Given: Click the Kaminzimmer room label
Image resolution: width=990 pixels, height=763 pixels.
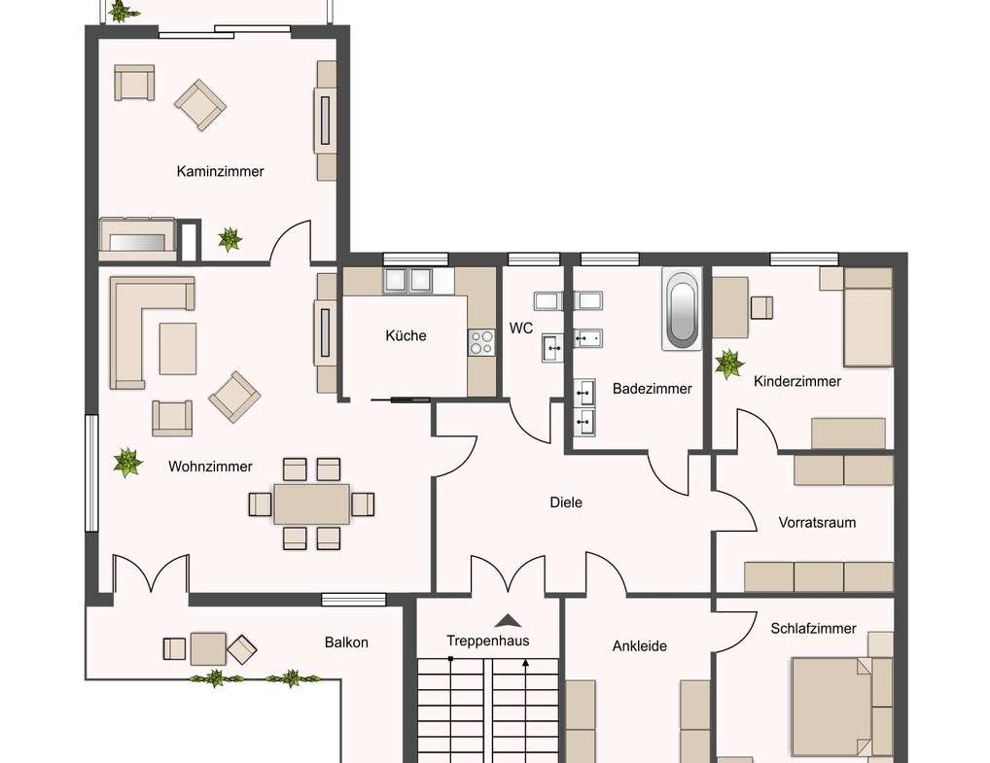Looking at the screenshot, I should click(x=220, y=171).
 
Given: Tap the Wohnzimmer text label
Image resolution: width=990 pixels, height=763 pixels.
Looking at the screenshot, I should click(x=210, y=467).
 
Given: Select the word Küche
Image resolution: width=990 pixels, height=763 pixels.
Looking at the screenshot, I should click(x=406, y=335).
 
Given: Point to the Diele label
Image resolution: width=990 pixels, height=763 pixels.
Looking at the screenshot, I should click(x=566, y=503).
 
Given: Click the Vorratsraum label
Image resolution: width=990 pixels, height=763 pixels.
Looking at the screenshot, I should click(x=817, y=522).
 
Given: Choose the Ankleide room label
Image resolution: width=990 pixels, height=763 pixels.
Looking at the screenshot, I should click(x=639, y=645).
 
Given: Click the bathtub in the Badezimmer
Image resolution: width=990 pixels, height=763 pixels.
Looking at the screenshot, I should click(x=681, y=308).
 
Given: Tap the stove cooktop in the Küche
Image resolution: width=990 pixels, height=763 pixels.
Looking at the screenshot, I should click(x=481, y=341).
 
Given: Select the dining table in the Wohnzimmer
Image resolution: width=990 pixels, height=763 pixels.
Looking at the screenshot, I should click(x=311, y=503).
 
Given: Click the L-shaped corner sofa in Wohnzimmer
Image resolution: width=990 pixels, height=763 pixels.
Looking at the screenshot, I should click(x=131, y=330).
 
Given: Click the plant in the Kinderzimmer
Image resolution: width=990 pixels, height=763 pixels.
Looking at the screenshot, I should click(x=728, y=364).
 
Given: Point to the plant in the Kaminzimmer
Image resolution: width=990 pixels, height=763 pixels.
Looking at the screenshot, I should click(x=230, y=238).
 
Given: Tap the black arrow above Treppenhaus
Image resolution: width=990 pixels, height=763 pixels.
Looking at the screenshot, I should click(x=506, y=620).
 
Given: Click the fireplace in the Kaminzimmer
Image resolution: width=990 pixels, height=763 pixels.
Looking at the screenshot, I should click(x=137, y=238).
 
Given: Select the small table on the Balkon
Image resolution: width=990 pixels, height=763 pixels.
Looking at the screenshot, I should click(x=207, y=648).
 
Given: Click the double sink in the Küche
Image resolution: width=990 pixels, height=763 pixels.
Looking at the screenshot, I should click(x=407, y=280).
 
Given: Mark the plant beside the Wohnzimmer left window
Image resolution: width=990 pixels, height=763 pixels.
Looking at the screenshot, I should click(x=126, y=462).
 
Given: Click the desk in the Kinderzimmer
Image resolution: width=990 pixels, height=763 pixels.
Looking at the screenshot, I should click(x=730, y=307).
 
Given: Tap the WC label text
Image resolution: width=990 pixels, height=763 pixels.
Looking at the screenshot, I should click(x=521, y=328).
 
